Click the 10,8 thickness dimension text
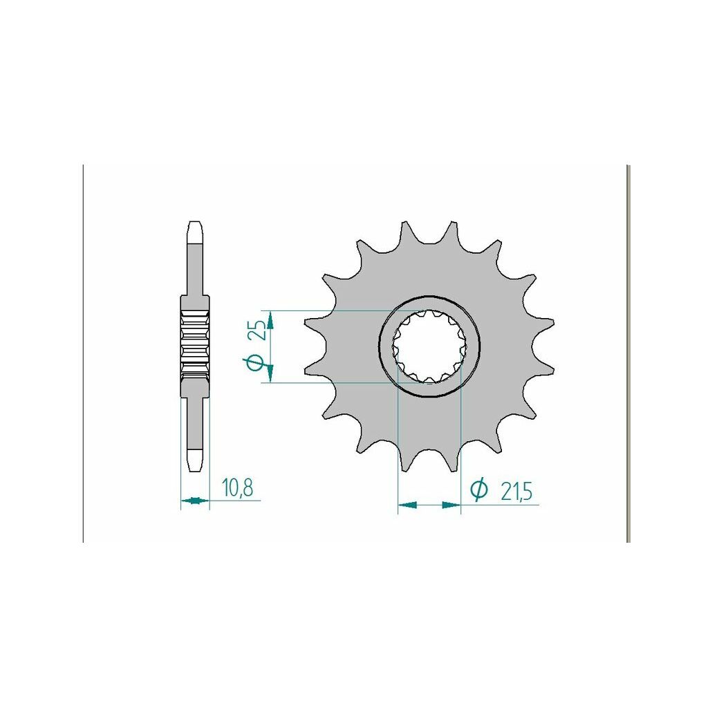(x=237, y=488)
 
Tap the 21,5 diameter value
(x=516, y=492)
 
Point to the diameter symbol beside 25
(x=254, y=363)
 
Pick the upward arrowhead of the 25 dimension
(x=270, y=320)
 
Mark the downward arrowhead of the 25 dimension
(x=270, y=373)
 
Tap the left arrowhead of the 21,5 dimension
(x=407, y=504)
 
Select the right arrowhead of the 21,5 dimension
(x=451, y=504)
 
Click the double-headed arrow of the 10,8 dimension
(x=196, y=500)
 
